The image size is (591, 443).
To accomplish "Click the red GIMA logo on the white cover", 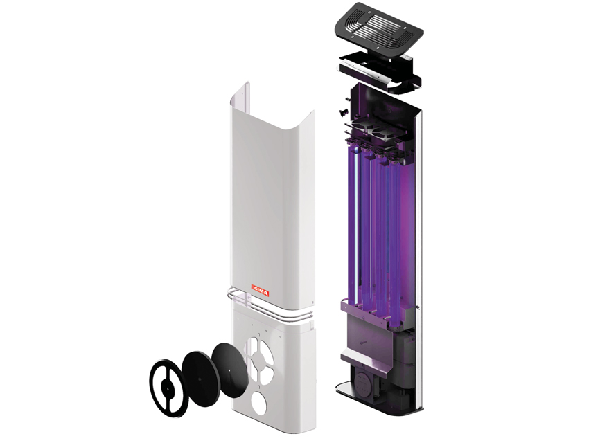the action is point(260,291).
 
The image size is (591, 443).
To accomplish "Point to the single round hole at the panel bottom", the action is point(259,402).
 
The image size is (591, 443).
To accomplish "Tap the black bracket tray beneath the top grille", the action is point(379,71).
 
